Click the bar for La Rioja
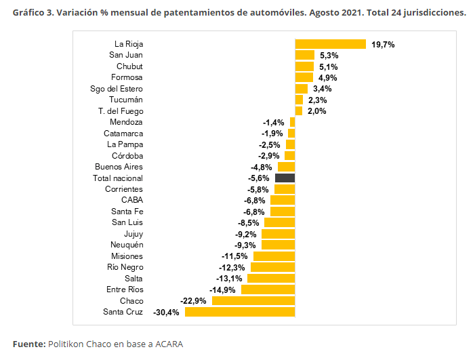[330, 44]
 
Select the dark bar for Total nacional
[285, 178]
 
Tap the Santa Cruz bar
[240, 312]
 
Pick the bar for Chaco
[253, 300]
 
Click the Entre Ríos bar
[268, 289]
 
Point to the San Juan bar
[305, 55]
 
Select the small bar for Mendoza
[292, 122]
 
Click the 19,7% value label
[383, 45]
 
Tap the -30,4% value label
[166, 313]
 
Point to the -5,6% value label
[258, 178]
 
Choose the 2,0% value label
[316, 111]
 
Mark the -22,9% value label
[193, 301]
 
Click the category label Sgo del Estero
[117, 89]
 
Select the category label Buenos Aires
[119, 167]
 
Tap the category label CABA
[132, 200]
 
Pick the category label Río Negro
[125, 267]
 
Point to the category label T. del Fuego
[121, 111]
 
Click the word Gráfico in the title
[28, 13]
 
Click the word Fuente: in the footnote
[29, 344]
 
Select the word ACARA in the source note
[169, 344]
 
